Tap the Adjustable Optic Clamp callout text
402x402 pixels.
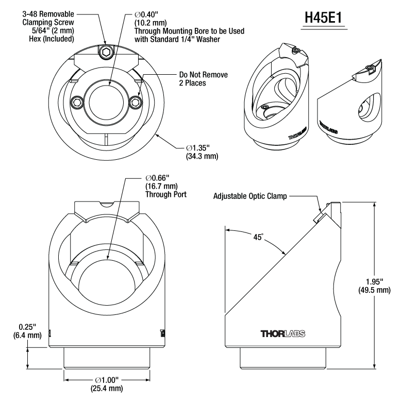(x=250, y=196)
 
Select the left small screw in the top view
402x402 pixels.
(x=77, y=102)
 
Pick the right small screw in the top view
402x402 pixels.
(x=136, y=102)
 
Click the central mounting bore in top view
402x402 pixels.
(x=106, y=97)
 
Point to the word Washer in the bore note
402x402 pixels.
(x=230, y=39)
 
